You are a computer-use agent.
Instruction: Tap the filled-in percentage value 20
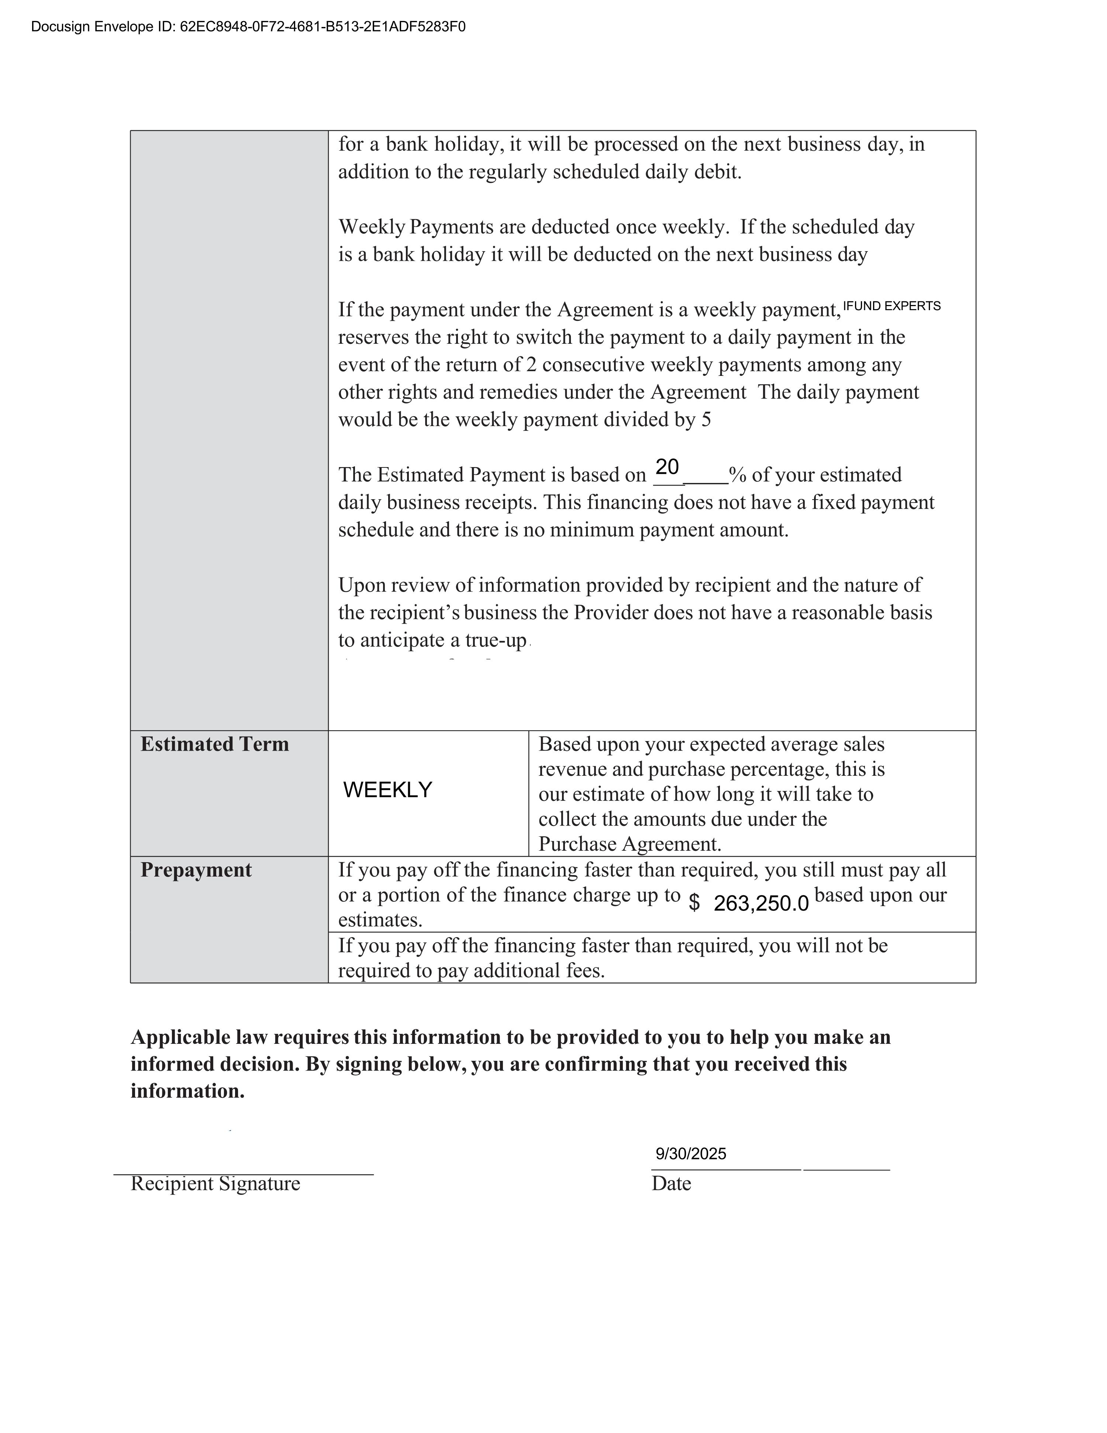pyautogui.click(x=667, y=467)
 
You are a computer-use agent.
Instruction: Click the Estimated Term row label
pyautogui.click(x=214, y=744)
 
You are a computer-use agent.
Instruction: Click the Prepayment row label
pyautogui.click(x=196, y=870)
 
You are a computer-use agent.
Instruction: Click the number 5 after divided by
pyautogui.click(x=706, y=420)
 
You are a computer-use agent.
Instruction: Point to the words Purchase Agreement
pyautogui.click(x=628, y=844)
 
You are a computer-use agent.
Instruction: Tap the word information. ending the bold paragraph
pyautogui.click(x=187, y=1091)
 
